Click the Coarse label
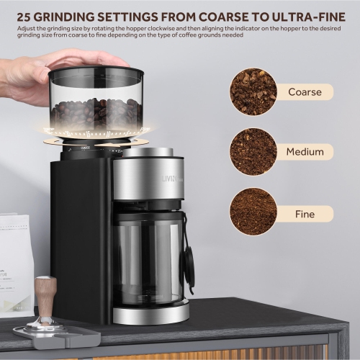click(x=305, y=91)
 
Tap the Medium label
click(x=305, y=152)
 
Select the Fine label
click(x=305, y=214)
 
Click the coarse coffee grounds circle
click(x=253, y=91)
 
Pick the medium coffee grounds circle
click(x=253, y=152)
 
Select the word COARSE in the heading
click(x=215, y=14)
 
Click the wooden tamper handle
click(x=45, y=294)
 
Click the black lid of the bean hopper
click(x=96, y=73)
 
